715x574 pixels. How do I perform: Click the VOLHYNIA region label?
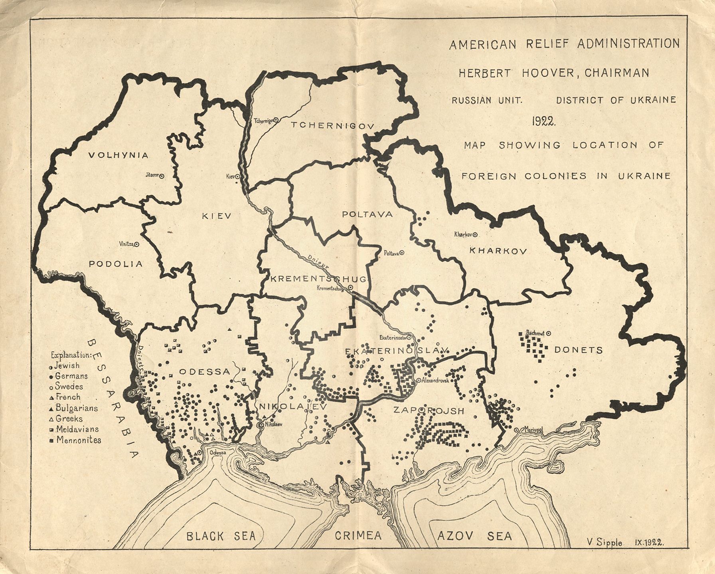point(118,155)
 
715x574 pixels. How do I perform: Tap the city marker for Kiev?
point(237,176)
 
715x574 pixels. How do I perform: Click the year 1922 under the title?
point(543,122)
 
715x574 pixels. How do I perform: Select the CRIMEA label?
point(358,536)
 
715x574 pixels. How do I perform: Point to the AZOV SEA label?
point(474,536)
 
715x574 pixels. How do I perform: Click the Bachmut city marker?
point(549,332)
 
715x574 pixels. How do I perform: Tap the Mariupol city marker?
point(517,430)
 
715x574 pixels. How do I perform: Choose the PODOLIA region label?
point(116,264)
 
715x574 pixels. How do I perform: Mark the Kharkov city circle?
point(475,235)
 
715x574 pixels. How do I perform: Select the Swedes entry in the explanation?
point(68,386)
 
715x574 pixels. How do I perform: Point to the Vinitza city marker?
point(137,244)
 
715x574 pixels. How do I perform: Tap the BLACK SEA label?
point(221,536)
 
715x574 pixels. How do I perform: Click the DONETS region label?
point(578,350)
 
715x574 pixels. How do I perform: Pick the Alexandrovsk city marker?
point(418,380)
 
